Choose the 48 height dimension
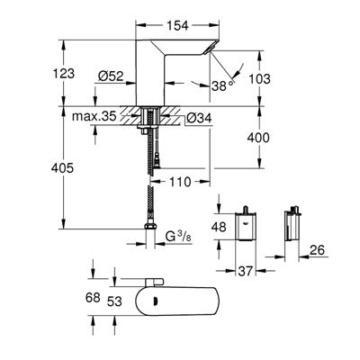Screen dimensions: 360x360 tap(219, 228)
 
